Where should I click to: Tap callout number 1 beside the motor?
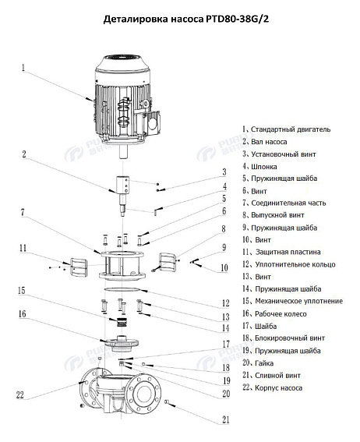point(23,67)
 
